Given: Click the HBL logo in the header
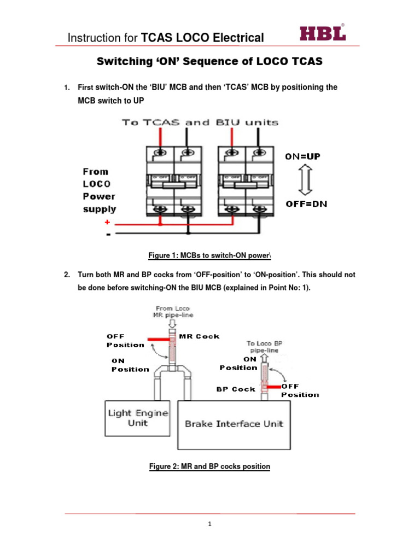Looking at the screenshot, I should [x=322, y=33].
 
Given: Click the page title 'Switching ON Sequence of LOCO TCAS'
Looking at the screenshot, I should [x=210, y=62].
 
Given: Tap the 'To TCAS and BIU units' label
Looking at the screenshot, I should [x=200, y=122].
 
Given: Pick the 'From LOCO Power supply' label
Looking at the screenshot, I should [x=100, y=190].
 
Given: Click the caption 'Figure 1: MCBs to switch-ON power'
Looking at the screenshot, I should [x=210, y=255].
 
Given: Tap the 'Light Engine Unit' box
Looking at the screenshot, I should [x=138, y=418].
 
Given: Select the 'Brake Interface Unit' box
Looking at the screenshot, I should [x=234, y=423].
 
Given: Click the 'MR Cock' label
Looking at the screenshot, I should [x=200, y=336].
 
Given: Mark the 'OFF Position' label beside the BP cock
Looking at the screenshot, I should [x=299, y=390].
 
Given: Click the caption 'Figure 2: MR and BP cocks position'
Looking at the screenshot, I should [x=210, y=466].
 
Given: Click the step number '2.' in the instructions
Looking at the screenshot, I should [x=67, y=274].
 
